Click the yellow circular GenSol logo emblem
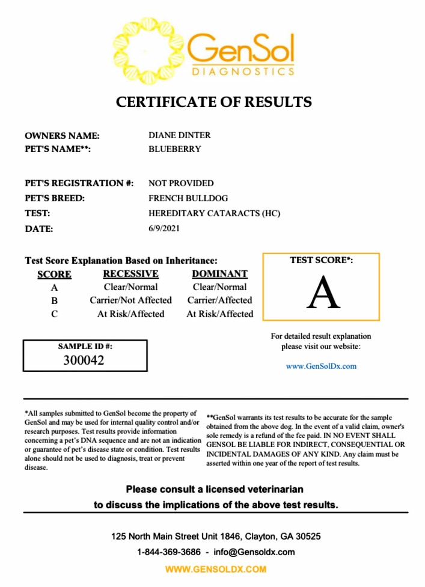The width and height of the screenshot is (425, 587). (146, 50)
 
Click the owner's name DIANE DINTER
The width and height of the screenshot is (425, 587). (180, 135)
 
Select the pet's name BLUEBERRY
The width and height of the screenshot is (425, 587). (175, 149)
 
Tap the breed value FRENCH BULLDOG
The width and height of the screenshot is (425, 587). (188, 198)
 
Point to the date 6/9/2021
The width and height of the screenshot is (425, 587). (164, 228)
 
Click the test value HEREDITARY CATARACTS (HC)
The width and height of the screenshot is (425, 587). (215, 213)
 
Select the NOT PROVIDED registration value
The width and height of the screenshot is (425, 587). (181, 183)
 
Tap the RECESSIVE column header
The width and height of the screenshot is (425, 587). (131, 274)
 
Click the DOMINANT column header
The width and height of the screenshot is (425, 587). (220, 274)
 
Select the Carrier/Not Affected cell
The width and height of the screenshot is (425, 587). (131, 300)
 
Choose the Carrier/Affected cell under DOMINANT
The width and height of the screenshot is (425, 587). (220, 300)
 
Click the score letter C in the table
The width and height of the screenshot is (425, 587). (54, 314)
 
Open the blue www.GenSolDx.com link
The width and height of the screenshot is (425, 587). (321, 366)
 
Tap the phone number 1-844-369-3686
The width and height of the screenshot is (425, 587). (168, 552)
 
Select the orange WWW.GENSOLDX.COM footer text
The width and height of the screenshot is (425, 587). (215, 569)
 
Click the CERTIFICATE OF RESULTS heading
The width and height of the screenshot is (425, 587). (214, 102)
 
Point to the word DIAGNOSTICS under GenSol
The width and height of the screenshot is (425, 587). (243, 71)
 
